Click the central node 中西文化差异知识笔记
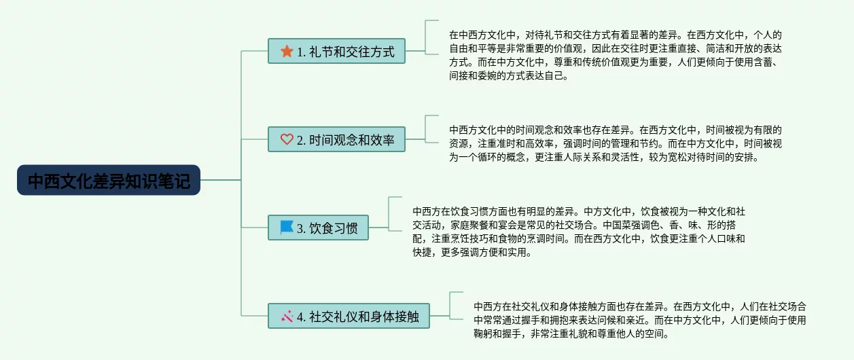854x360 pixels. point(109,180)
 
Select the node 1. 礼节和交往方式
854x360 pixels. point(336,52)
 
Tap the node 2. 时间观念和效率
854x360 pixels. point(336,140)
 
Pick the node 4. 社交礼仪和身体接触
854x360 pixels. point(349,316)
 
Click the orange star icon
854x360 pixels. point(287,52)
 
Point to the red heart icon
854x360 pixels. point(287,140)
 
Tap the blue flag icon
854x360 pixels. point(287,228)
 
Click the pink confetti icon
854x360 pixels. point(287,316)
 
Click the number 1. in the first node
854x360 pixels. point(301,52)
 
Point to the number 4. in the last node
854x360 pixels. point(301,316)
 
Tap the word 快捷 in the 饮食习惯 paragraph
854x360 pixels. point(422,253)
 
